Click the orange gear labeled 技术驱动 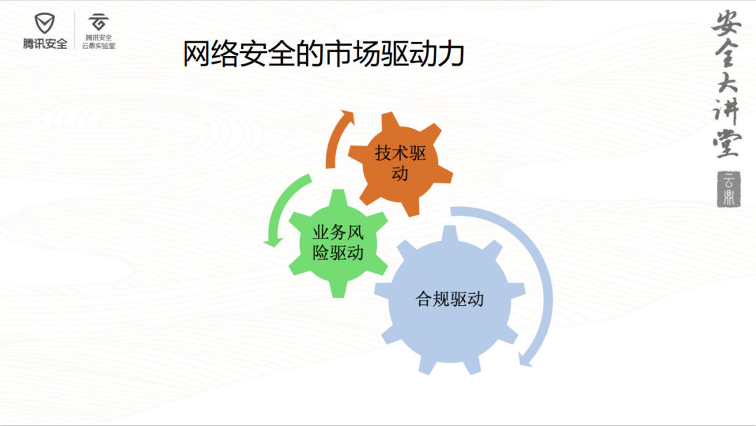pos(400,164)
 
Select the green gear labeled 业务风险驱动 pos(338,243)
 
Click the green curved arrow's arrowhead pos(274,241)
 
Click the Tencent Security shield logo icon pos(44,23)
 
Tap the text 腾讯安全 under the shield pos(45,44)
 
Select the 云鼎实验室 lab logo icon pos(99,22)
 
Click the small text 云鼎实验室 pos(99,45)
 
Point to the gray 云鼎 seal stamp pos(729,190)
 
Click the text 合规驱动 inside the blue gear pos(449,299)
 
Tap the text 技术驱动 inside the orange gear pos(400,164)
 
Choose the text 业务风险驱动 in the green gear pos(338,243)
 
